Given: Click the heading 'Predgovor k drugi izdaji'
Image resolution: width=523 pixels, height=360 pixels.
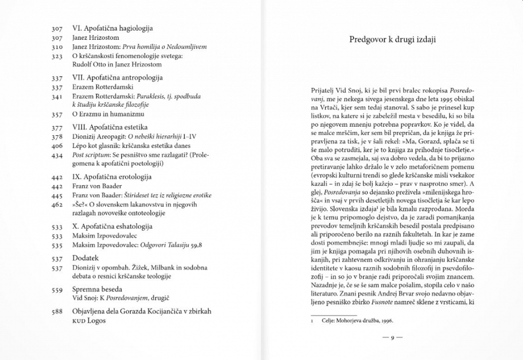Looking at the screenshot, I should point(392,39).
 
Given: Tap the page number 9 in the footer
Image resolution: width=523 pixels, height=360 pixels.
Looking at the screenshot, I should point(392,338).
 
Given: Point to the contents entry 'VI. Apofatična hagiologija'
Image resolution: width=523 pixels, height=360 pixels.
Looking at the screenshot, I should point(112,29).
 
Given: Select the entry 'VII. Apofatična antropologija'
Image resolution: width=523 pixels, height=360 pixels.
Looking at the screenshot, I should point(117,78).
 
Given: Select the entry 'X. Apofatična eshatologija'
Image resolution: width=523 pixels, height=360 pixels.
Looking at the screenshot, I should point(112,227).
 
